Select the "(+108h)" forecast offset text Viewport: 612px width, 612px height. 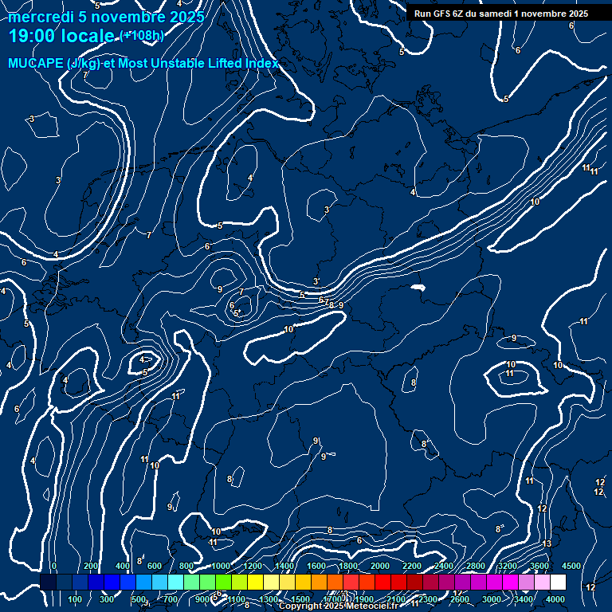coord(142,36)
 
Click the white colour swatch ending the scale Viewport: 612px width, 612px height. coord(558,583)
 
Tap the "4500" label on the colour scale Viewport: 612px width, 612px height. coord(571,566)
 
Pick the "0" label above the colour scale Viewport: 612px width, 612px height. coord(54,566)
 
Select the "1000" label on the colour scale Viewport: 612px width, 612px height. coord(221,566)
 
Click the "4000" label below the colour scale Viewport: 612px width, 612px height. coord(555,599)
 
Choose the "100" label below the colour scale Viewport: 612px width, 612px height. coord(76,599)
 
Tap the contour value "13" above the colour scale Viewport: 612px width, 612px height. coord(547,543)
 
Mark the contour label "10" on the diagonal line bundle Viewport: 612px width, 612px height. coord(535,202)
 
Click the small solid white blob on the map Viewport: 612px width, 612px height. coord(417,288)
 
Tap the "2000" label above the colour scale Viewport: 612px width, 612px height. coord(380,566)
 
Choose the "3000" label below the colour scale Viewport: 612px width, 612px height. coord(492,599)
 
